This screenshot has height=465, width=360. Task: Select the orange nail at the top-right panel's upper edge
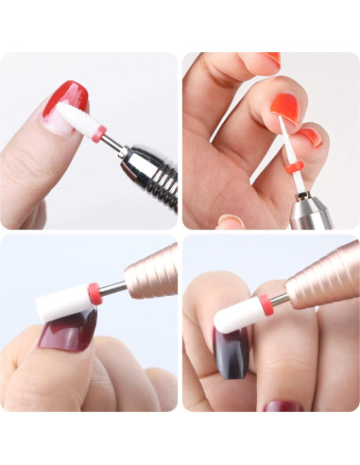pyautogui.click(x=272, y=59)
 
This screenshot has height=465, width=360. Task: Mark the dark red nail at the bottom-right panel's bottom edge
pyautogui.click(x=283, y=405)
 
